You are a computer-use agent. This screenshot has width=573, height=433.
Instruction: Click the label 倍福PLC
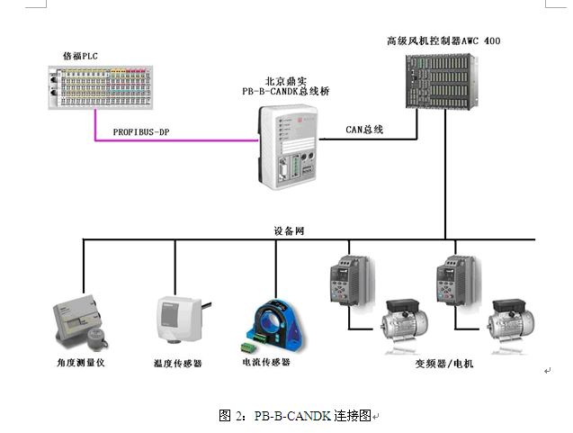point(80,56)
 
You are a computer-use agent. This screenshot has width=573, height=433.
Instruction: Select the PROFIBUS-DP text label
point(140,132)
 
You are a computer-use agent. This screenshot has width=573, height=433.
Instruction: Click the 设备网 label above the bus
point(290,231)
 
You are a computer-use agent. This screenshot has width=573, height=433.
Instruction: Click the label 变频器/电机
point(444,363)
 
